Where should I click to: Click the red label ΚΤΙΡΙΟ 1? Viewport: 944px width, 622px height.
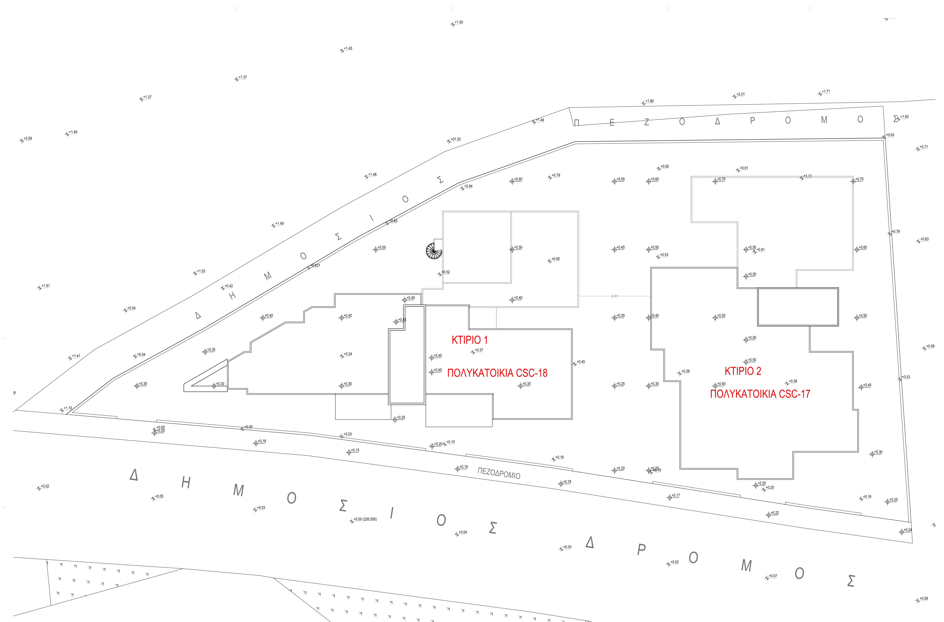tap(469, 340)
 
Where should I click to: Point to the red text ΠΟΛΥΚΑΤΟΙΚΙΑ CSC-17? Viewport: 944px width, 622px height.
tap(760, 394)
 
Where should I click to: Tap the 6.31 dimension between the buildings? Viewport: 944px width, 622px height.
tap(615, 296)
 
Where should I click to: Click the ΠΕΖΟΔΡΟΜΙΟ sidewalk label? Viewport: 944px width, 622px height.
tap(499, 473)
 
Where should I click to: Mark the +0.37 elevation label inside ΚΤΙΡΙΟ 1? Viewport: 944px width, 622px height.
tap(479, 350)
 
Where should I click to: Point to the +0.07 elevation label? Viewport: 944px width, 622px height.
tap(773, 576)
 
